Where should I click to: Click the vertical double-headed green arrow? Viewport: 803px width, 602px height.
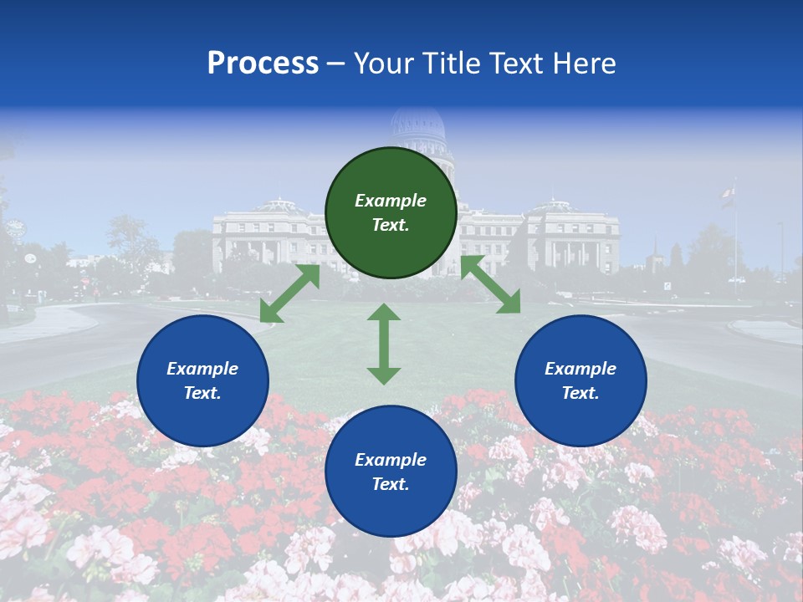pos(384,344)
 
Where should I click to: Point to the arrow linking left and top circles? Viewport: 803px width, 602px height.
pos(289,293)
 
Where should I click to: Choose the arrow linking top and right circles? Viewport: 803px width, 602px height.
pos(490,284)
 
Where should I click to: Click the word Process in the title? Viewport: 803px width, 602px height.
pos(263,63)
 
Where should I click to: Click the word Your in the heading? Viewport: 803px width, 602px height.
pos(386,63)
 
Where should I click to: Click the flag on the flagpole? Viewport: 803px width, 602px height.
pos(727,195)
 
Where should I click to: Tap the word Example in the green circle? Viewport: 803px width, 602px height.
pos(391,201)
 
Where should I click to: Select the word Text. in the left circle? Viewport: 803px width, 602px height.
pos(202,393)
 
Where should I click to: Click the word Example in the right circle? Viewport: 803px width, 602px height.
pos(581,369)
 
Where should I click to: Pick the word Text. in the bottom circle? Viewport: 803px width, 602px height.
pos(391,484)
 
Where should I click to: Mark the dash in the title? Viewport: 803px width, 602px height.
pos(336,64)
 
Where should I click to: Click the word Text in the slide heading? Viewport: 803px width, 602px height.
pos(515,63)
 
